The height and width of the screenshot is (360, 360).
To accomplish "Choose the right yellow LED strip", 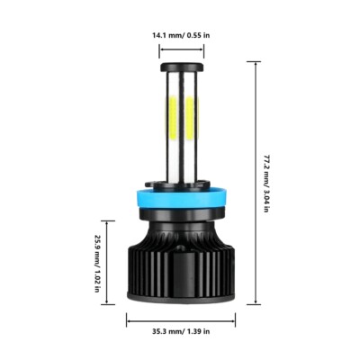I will (x=193, y=117).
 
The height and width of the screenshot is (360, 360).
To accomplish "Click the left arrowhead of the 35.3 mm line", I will (x=128, y=316).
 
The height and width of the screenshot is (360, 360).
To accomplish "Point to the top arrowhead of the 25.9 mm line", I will (x=112, y=222).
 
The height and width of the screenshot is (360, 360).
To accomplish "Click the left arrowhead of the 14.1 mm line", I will (x=162, y=49).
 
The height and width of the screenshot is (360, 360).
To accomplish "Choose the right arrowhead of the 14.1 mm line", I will (x=203, y=49).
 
